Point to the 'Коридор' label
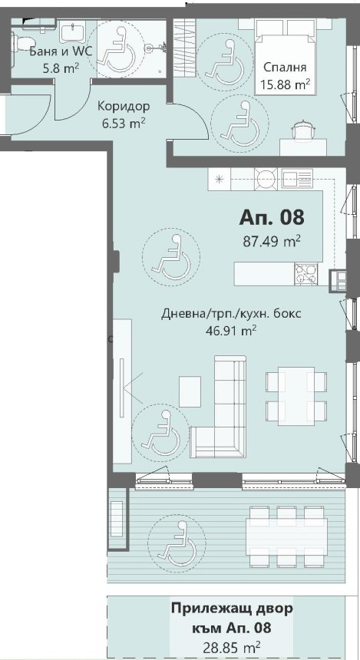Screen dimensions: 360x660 pyautogui.click(x=124, y=106)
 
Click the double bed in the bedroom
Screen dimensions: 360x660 pyautogui.click(x=285, y=58)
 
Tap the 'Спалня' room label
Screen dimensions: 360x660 pyautogui.click(x=284, y=67)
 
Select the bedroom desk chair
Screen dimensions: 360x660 pyautogui.click(x=302, y=129)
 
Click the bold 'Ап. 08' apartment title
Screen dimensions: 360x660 pyautogui.click(x=271, y=218)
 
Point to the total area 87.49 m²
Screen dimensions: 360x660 pyautogui.click(x=271, y=241)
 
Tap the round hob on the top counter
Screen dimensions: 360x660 pyautogui.click(x=266, y=180)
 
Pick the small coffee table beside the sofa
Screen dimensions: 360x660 pyautogui.click(x=190, y=391)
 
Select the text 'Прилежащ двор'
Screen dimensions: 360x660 pyautogui.click(x=232, y=609)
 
